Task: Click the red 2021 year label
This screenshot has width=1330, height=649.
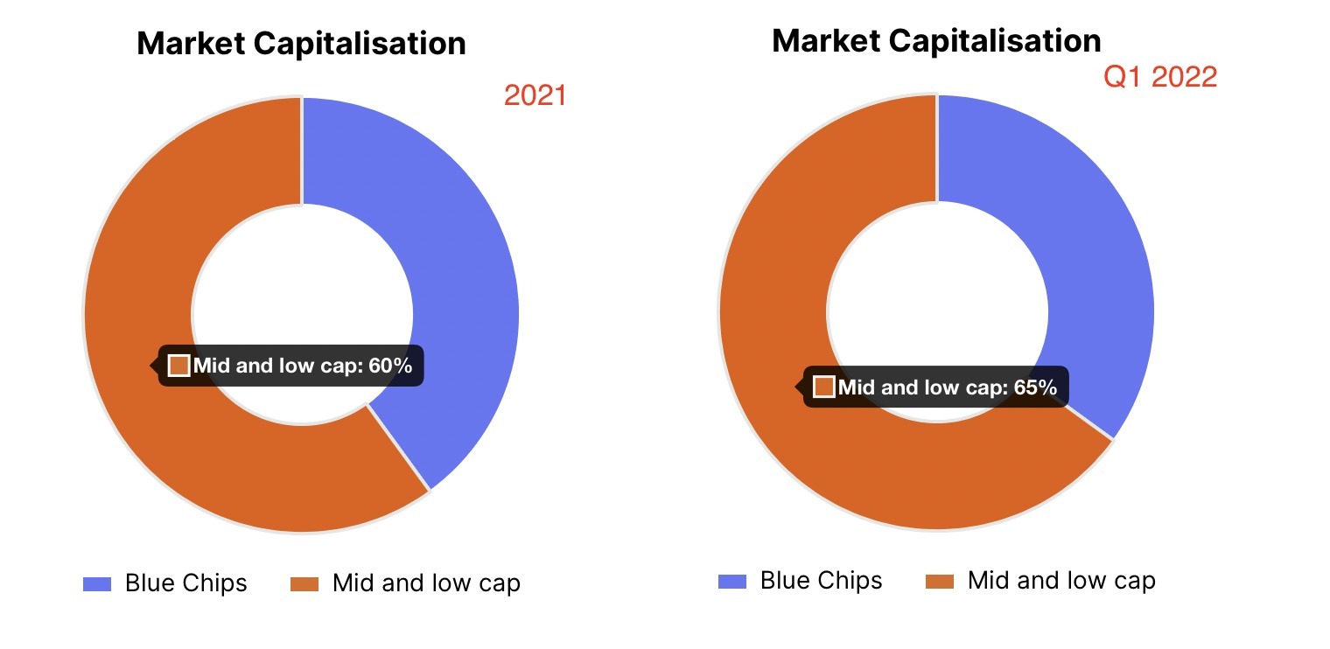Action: click(x=535, y=95)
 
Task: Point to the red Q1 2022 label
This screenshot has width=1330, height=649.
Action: click(x=1159, y=77)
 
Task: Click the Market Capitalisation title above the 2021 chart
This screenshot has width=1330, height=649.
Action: click(x=301, y=43)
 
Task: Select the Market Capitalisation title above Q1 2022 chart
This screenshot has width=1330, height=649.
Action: click(x=936, y=40)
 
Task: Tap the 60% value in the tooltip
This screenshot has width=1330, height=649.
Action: click(x=390, y=366)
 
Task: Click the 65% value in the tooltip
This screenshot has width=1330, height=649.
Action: click(x=1035, y=387)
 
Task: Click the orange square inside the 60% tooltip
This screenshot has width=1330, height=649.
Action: click(x=179, y=366)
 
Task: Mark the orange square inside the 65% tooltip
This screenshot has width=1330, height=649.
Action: click(x=824, y=387)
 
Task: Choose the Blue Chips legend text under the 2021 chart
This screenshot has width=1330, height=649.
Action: click(x=185, y=583)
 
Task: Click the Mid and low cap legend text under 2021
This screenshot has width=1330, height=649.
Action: click(x=426, y=583)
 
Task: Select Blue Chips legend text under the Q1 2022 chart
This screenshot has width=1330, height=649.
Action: click(x=821, y=581)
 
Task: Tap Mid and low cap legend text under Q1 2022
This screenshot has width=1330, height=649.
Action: click(x=1061, y=581)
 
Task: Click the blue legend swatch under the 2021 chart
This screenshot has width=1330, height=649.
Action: click(x=97, y=584)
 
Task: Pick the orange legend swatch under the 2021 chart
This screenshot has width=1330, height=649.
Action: click(x=304, y=584)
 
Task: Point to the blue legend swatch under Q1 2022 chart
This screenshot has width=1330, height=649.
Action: click(x=732, y=582)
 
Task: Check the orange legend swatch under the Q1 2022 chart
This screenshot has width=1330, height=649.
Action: click(x=940, y=582)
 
